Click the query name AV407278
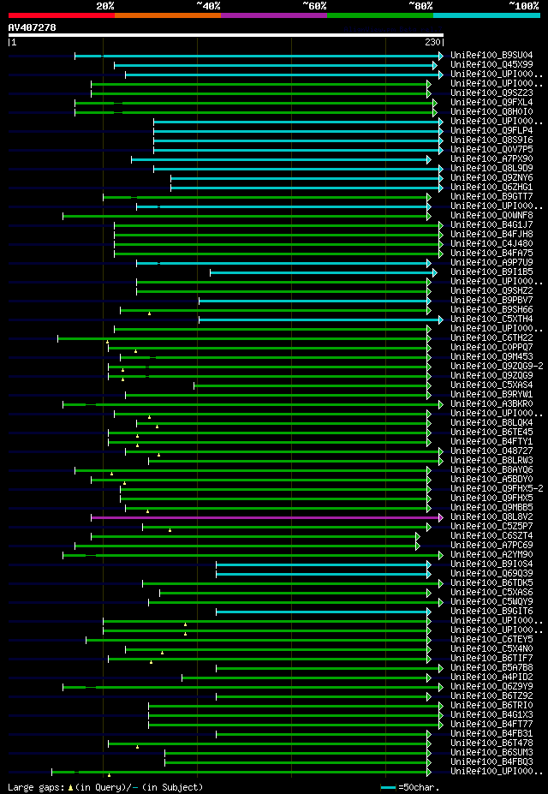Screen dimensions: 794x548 (32, 27)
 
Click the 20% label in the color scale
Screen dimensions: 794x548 (105, 5)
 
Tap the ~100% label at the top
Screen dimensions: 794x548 (523, 5)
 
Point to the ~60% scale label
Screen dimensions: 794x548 (314, 5)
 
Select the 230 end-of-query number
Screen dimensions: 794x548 (432, 42)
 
